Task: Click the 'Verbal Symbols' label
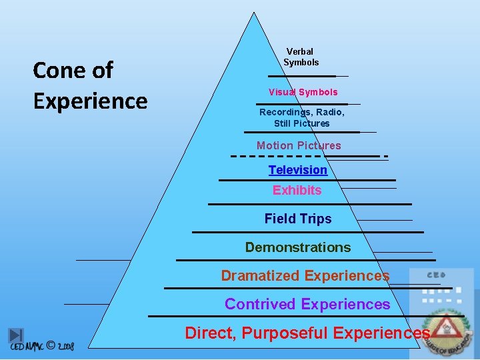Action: (x=301, y=57)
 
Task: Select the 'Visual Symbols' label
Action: (x=303, y=92)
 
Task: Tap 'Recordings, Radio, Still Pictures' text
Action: (x=302, y=118)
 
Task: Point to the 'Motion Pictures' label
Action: (x=299, y=145)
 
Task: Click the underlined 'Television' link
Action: (x=298, y=170)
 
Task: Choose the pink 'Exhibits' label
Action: (x=297, y=190)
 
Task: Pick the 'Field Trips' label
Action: (x=297, y=219)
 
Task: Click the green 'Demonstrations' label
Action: (x=298, y=247)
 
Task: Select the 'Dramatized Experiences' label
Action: (x=305, y=275)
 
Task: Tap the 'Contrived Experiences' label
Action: (x=307, y=304)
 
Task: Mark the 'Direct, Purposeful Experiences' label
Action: (x=307, y=333)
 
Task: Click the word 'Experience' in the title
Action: (x=90, y=101)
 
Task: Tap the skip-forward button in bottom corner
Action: (x=16, y=336)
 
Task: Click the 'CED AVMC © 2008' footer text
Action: (x=42, y=347)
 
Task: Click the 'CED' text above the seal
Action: (x=436, y=275)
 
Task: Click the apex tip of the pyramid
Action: (x=254, y=13)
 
